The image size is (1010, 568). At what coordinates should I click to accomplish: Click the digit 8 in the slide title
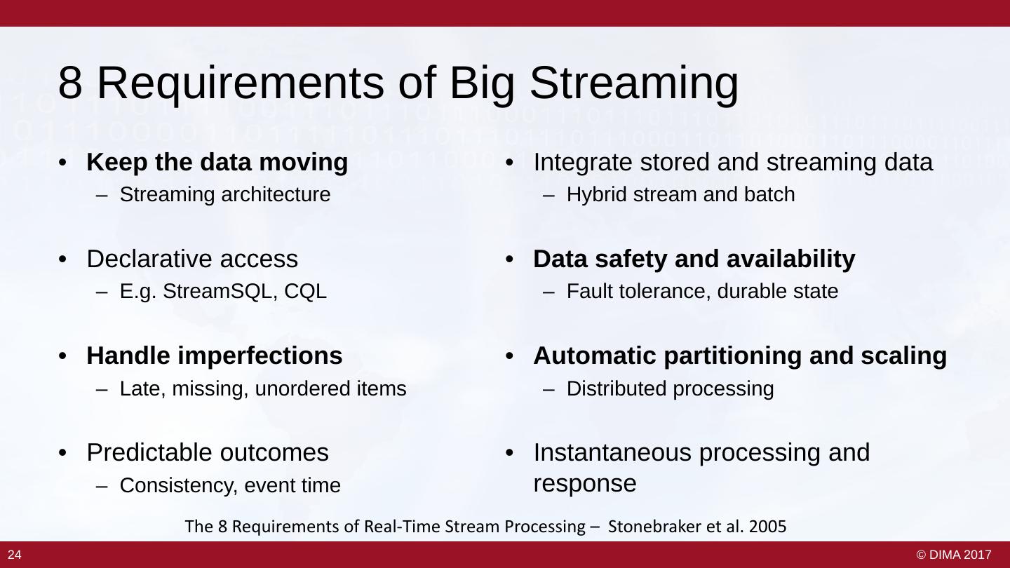(x=70, y=83)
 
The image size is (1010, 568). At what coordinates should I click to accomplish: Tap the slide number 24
(x=15, y=555)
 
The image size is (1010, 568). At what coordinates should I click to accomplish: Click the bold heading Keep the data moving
(x=217, y=162)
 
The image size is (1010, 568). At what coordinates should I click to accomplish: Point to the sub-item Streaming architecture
(x=225, y=195)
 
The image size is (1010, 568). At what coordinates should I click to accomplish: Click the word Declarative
(x=149, y=259)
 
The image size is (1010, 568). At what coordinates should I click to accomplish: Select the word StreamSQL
(x=217, y=291)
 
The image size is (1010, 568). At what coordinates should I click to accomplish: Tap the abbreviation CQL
(x=305, y=291)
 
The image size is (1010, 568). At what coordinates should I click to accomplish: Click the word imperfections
(x=260, y=356)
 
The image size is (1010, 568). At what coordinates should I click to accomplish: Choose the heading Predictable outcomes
(x=208, y=452)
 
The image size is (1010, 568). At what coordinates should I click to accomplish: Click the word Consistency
(x=179, y=486)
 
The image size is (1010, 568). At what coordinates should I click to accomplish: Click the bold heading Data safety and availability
(x=694, y=259)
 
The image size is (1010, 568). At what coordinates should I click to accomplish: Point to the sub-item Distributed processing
(x=670, y=388)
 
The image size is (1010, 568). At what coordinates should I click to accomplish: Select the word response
(x=585, y=484)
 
